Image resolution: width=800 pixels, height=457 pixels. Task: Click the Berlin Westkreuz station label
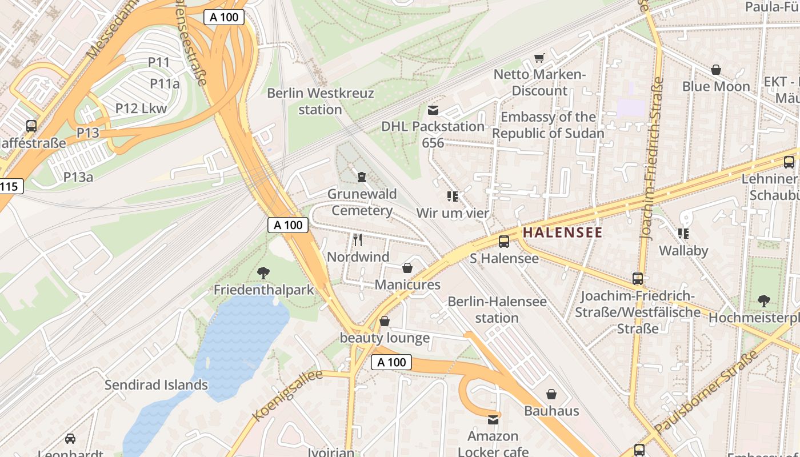[320, 101]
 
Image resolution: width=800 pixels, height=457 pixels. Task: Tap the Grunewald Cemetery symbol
[362, 178]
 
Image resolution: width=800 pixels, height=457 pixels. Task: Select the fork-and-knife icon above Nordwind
[358, 239]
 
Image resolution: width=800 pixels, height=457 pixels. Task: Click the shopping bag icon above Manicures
[407, 268]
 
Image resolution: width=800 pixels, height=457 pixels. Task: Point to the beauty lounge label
[385, 338]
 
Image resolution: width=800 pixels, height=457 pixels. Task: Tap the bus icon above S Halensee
[504, 242]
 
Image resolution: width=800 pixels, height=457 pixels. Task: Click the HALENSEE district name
[562, 232]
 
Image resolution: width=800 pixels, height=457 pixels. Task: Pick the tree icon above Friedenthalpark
[263, 273]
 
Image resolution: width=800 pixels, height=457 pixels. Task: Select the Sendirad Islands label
[156, 385]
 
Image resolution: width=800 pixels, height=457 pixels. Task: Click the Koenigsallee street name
[287, 395]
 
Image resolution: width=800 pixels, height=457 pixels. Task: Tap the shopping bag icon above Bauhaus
[551, 394]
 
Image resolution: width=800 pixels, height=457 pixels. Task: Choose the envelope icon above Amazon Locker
[493, 420]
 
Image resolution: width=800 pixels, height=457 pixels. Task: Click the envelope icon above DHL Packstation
[433, 110]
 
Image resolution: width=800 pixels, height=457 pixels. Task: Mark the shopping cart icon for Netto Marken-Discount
[539, 58]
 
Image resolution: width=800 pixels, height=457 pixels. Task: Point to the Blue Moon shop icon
[716, 70]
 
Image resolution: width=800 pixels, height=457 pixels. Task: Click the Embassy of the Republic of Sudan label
[548, 125]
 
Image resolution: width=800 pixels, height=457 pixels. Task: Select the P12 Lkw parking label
[141, 109]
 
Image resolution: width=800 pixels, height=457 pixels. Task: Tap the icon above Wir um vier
[453, 197]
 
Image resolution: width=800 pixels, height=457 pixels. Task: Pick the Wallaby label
[683, 251]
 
